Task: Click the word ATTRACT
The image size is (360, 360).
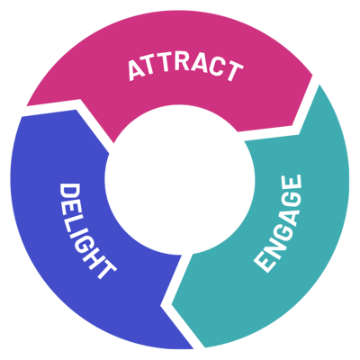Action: pyautogui.click(x=185, y=67)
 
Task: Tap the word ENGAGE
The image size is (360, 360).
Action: pyautogui.click(x=278, y=223)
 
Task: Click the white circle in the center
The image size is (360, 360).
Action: pyautogui.click(x=180, y=180)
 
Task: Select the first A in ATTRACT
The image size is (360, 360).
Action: pyautogui.click(x=137, y=71)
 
